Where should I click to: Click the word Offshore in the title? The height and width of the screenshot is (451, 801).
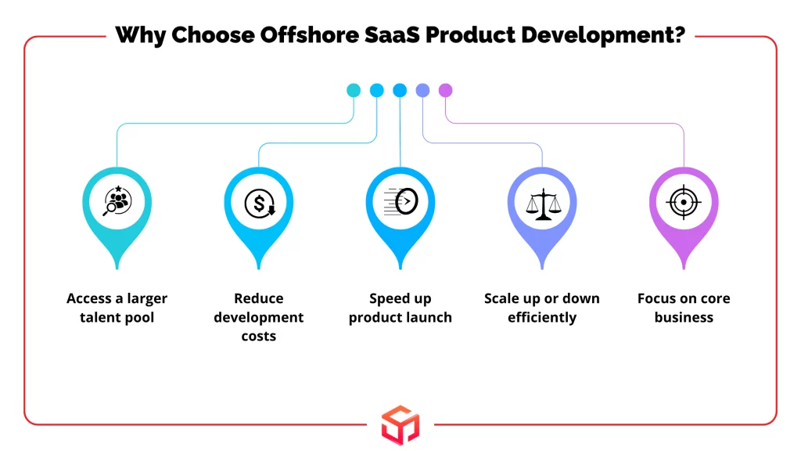tap(308, 35)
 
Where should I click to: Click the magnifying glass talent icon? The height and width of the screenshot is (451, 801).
tap(117, 201)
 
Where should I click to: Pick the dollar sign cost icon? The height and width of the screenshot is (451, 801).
tap(259, 203)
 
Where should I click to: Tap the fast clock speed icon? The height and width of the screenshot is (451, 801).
tap(400, 201)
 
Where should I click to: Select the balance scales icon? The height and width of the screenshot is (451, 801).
tap(543, 204)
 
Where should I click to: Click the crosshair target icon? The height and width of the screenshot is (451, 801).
tap(684, 202)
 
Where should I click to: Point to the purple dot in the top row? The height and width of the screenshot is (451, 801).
tap(445, 90)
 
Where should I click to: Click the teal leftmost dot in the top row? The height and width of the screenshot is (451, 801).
tap(354, 90)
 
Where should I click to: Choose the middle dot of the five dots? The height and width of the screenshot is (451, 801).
tap(400, 90)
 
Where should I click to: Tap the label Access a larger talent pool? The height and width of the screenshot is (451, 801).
tap(117, 308)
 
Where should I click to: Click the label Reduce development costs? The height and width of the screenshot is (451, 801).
tap(258, 317)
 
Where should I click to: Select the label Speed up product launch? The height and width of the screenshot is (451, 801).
tap(400, 308)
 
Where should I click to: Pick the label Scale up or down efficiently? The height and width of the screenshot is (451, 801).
tap(542, 308)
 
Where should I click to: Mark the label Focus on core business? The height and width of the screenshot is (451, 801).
tap(684, 308)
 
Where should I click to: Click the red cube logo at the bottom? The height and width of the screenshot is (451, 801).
tap(400, 425)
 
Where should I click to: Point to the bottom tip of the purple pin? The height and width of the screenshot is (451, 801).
tap(684, 269)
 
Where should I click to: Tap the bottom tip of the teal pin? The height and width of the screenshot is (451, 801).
tap(117, 269)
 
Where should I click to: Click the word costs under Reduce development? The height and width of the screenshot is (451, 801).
tap(258, 337)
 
